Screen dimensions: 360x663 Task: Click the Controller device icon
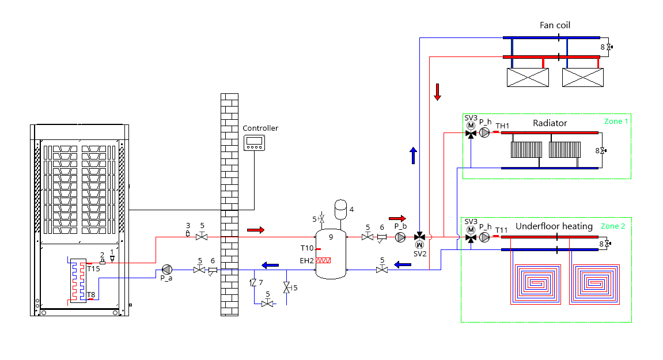click(254, 143)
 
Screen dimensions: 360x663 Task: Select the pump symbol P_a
click(167, 269)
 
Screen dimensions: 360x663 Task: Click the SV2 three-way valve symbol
click(420, 237)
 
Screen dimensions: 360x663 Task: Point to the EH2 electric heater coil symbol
click(324, 260)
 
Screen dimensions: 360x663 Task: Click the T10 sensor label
click(307, 248)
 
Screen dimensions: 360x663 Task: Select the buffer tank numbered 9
click(331, 253)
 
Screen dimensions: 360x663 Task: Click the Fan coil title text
click(555, 25)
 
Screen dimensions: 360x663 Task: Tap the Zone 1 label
click(616, 122)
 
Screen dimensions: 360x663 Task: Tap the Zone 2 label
click(613, 226)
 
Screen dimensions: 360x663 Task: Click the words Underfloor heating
click(554, 226)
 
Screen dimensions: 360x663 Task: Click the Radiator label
click(550, 123)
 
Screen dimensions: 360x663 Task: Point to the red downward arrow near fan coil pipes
click(437, 92)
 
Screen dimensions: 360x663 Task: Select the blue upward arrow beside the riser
click(413, 156)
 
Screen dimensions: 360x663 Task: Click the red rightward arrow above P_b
click(397, 218)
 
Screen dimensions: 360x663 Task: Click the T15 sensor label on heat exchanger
click(93, 269)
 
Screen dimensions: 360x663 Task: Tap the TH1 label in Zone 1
click(502, 126)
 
